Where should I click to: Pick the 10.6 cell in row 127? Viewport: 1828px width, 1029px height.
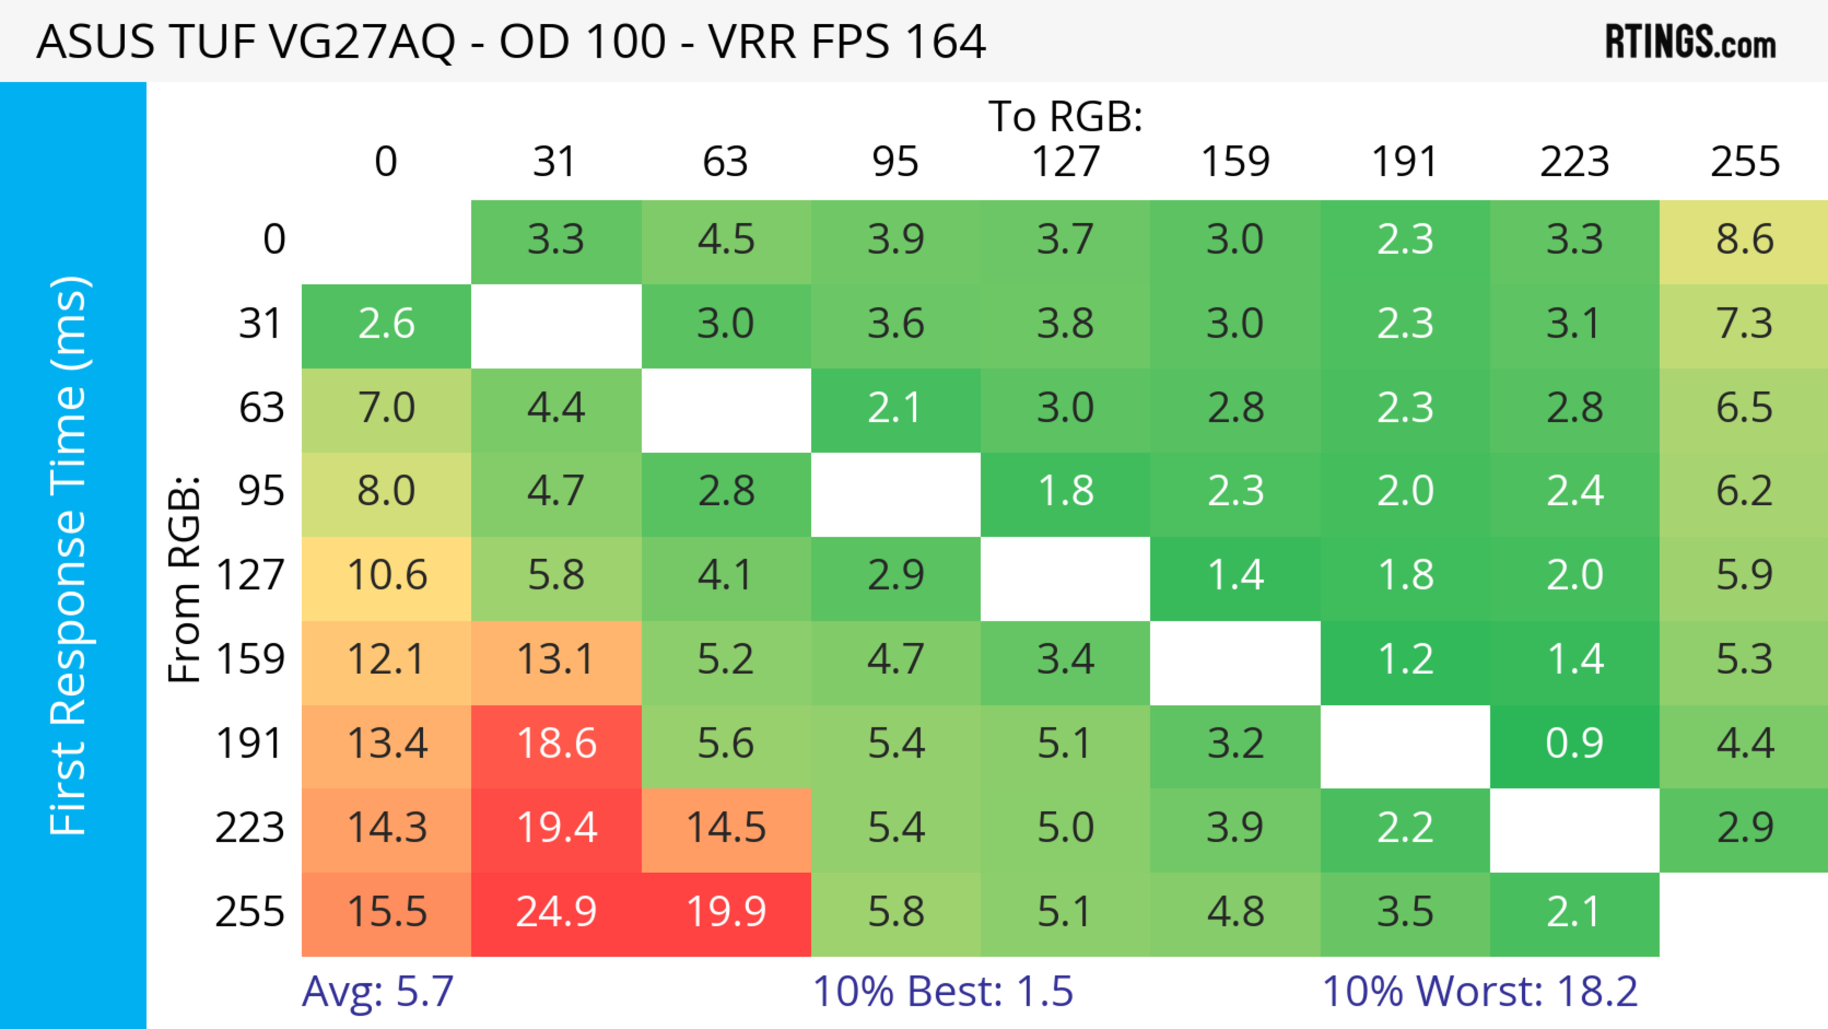point(387,576)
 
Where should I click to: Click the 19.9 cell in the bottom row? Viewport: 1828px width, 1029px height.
point(726,913)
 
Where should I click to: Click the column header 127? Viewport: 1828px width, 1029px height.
point(1065,162)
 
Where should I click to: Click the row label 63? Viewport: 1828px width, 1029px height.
point(261,408)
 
